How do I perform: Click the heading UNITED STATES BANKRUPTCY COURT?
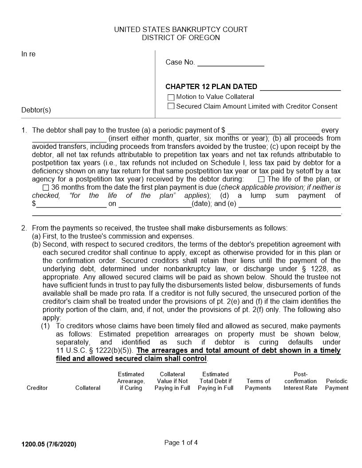pos(181,30)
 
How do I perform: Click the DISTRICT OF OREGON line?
pos(181,38)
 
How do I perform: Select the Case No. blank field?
pos(230,62)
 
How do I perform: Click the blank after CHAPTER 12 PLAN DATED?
pos(300,87)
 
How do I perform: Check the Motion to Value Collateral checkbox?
pos(171,97)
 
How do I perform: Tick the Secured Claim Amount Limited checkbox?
pos(171,106)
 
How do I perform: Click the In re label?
pos(28,54)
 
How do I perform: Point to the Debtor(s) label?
pos(36,110)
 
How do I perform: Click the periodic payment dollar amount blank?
pos(273,130)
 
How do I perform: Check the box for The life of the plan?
pos(261,179)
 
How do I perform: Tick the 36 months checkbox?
pos(46,187)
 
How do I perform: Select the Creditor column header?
pos(37,388)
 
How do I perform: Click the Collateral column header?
pos(88,388)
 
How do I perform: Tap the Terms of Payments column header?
pos(258,384)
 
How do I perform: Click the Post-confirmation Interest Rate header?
pos(300,381)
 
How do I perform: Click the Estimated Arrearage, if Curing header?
pos(131,381)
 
